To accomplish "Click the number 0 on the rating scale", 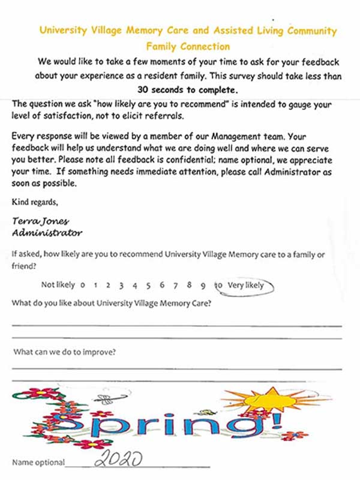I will click(x=82, y=286).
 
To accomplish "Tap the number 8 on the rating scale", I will click(x=190, y=286).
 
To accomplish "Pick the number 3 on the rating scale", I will click(x=121, y=286).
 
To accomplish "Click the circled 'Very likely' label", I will click(x=245, y=286).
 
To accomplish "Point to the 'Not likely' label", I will click(x=58, y=286).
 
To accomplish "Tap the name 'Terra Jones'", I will click(x=37, y=221).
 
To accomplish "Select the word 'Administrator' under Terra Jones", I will click(x=47, y=232).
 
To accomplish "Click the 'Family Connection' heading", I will click(x=188, y=46).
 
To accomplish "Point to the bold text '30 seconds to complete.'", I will click(x=188, y=89).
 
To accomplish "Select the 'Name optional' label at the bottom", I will click(x=38, y=463).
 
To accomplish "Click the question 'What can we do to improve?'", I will click(x=65, y=352).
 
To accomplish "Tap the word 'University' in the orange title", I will click(x=66, y=31).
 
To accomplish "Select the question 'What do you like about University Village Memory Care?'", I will click(x=111, y=304).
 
